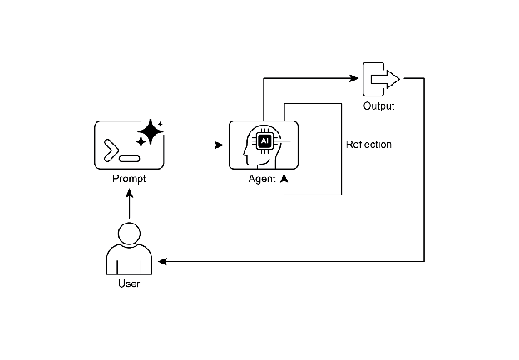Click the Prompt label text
(x=129, y=179)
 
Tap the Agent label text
(x=262, y=179)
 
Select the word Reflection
(x=368, y=145)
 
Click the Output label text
(x=378, y=106)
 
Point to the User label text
(x=129, y=284)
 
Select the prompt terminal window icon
(x=129, y=146)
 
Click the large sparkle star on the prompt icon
(x=151, y=131)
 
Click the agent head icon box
(x=263, y=145)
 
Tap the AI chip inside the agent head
(x=265, y=141)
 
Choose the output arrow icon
(x=381, y=79)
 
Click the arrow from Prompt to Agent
(x=195, y=145)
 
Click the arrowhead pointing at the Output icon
(x=353, y=79)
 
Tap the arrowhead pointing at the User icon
(x=163, y=262)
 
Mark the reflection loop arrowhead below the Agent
(x=284, y=177)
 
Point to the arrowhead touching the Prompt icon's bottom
(x=129, y=192)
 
